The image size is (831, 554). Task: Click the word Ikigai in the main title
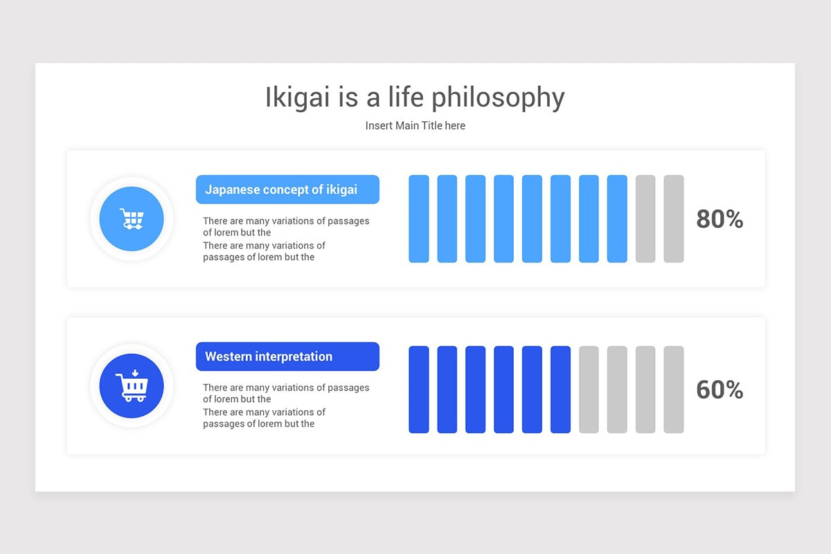click(x=298, y=98)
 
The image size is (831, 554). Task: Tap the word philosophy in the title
click(x=498, y=98)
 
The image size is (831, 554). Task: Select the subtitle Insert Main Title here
click(x=415, y=125)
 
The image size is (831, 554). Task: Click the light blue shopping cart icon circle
click(x=132, y=219)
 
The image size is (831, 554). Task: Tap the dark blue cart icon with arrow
click(x=132, y=386)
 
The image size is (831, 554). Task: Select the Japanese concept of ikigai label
click(x=287, y=189)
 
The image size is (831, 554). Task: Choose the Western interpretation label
click(x=287, y=356)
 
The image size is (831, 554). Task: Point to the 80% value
click(x=720, y=219)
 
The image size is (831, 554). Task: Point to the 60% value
click(x=720, y=390)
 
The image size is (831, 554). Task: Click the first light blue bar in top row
click(x=419, y=219)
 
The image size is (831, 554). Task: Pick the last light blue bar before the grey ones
click(x=617, y=219)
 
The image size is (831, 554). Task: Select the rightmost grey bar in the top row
click(x=674, y=219)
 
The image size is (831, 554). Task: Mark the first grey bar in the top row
click(x=645, y=219)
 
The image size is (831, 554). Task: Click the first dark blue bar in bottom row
click(x=419, y=390)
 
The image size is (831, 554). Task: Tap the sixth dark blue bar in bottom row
click(x=560, y=390)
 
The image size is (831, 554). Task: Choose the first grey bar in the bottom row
click(x=589, y=390)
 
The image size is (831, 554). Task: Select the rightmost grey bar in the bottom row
click(x=674, y=390)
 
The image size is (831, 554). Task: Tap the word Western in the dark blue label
click(x=229, y=357)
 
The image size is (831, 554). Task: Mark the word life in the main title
click(x=406, y=97)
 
